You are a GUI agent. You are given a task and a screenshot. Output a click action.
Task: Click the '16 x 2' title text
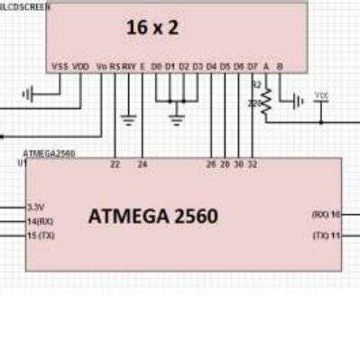pos(151,28)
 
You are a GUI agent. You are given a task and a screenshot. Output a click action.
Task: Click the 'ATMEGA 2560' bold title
pos(153,217)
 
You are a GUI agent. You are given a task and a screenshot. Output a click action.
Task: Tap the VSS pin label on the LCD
pos(60,66)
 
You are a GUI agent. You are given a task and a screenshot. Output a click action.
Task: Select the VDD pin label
pos(80,66)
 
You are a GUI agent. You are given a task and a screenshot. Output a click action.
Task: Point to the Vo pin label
pos(101,66)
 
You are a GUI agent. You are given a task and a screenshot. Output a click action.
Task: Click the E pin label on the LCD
pos(143,66)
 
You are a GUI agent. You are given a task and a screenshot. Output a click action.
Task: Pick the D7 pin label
pos(252,66)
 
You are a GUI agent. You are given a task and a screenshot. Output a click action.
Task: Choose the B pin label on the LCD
pos(279,66)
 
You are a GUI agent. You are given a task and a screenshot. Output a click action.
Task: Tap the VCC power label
pos(321,94)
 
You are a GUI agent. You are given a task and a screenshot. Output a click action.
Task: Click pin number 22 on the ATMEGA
pos(115,164)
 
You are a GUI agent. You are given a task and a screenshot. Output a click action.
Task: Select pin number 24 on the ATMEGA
pos(142,164)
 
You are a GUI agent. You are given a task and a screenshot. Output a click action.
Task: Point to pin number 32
pos(252,164)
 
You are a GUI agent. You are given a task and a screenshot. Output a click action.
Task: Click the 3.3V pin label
pos(36,206)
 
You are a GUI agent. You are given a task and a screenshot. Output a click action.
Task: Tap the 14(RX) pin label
pos(40,220)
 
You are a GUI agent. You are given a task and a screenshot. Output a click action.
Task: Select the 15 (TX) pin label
pos(41,235)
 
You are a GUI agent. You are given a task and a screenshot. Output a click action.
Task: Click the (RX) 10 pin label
pos(326,214)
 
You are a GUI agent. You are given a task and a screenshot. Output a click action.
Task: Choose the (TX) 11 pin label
pos(326,235)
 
